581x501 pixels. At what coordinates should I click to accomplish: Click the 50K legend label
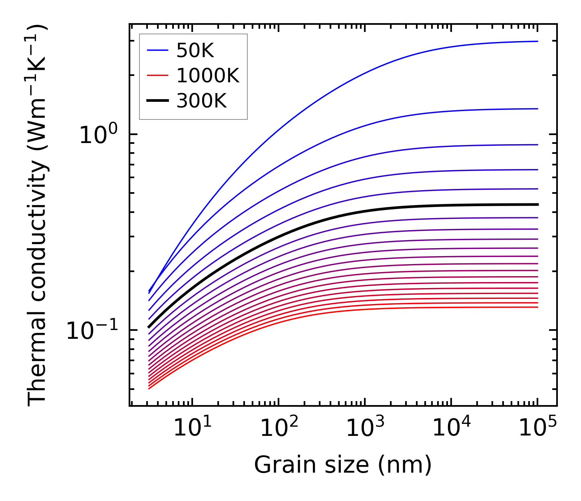coord(195,51)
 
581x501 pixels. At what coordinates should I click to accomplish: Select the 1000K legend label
coord(208,76)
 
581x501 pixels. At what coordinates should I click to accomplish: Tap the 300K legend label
coord(201,101)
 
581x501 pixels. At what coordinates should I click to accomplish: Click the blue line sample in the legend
coord(158,51)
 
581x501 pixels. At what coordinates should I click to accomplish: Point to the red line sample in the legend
coord(158,76)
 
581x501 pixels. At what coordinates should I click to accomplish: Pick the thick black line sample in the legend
coord(158,101)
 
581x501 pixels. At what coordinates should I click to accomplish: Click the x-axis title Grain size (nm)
coord(343,465)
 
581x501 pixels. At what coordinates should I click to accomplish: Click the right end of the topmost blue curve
coord(537,41)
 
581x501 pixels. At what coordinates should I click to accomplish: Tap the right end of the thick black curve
coord(537,205)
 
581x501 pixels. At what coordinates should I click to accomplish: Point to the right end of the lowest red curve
coord(537,307)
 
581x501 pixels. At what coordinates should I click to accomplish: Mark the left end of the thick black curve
coord(149,327)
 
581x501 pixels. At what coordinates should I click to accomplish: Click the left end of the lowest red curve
coord(149,388)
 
